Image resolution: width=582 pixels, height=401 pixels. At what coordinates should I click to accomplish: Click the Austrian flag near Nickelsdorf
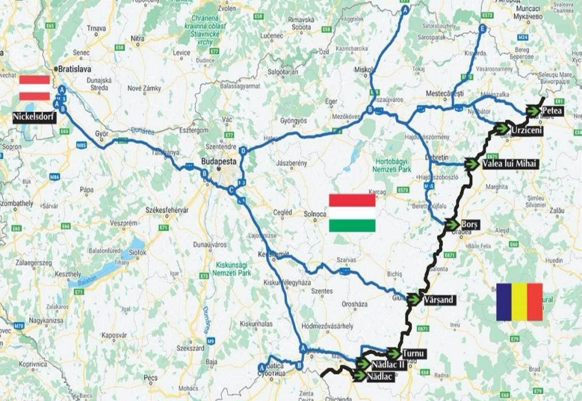34,87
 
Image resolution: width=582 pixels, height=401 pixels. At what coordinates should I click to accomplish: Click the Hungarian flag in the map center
352,213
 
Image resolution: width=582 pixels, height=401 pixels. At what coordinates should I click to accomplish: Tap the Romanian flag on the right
519,301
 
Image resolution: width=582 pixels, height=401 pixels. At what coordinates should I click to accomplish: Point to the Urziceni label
527,129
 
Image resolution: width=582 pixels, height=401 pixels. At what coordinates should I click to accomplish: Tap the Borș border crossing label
470,224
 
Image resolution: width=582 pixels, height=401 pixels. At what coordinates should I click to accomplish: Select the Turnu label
415,353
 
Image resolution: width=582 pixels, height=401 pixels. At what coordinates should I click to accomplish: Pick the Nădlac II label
388,364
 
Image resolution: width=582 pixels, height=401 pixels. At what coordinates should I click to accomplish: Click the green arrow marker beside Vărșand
414,299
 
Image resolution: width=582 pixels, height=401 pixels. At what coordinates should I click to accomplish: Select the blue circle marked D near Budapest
244,151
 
